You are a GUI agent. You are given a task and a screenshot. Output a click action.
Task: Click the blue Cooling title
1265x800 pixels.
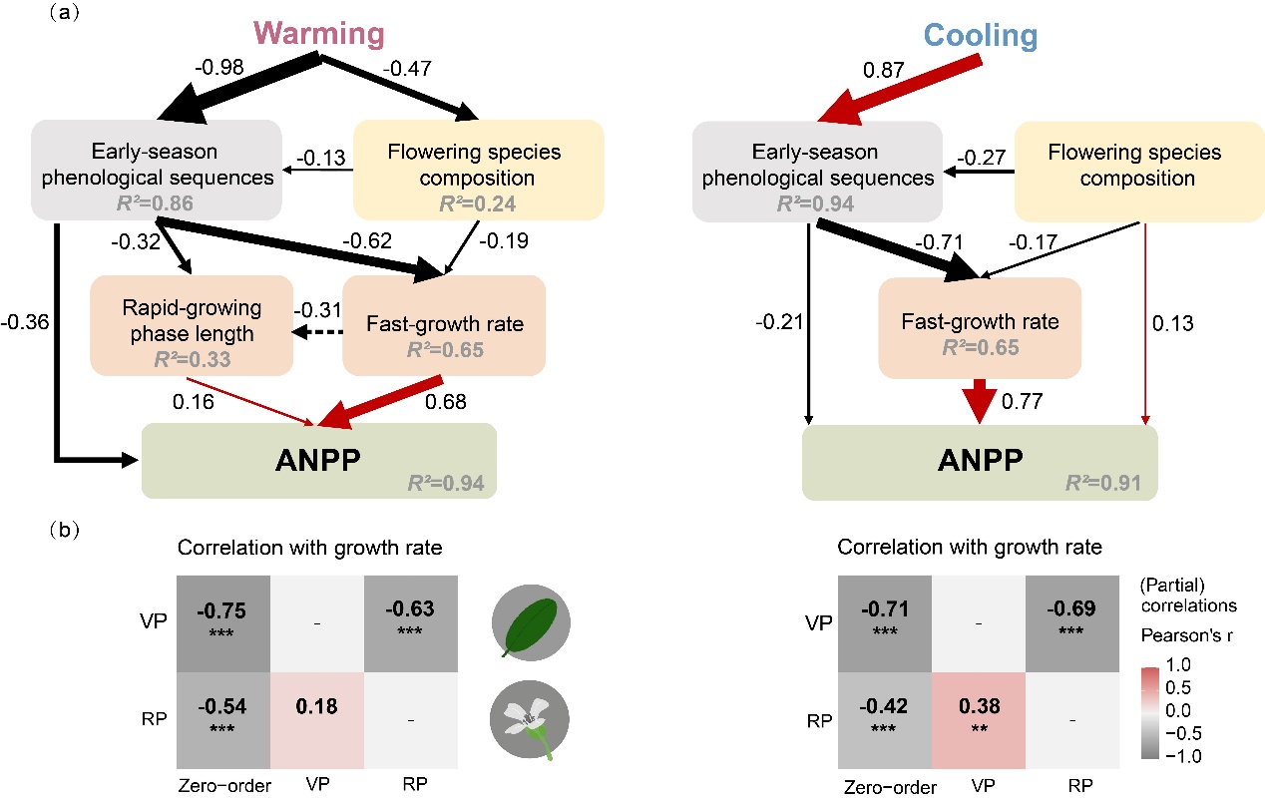(x=981, y=36)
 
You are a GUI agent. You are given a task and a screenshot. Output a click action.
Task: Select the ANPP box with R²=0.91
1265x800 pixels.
(x=980, y=462)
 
